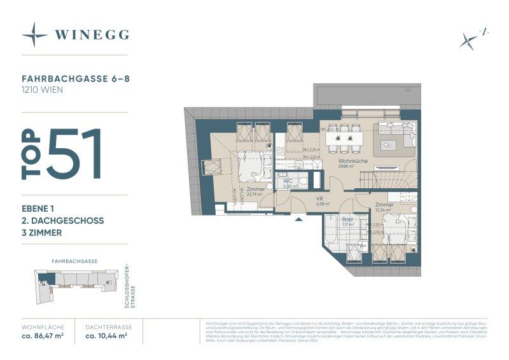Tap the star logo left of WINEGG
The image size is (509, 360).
(34, 34)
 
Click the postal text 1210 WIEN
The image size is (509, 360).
(42, 90)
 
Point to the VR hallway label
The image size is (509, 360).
(321, 198)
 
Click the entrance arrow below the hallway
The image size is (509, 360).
(298, 220)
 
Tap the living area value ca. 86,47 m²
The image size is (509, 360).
(43, 335)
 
